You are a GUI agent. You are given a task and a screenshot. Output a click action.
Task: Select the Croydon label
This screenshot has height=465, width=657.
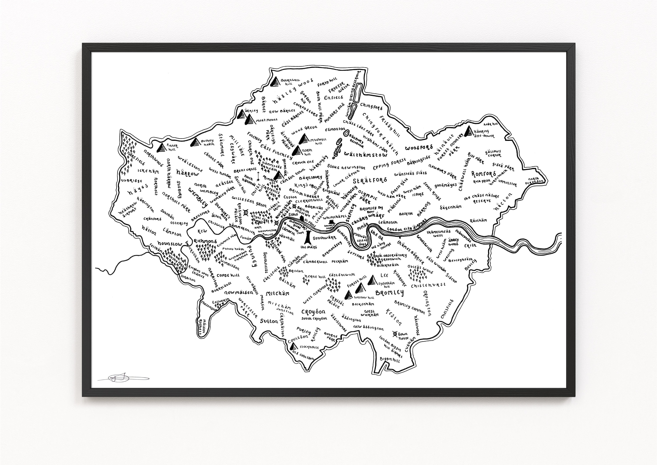click(313, 312)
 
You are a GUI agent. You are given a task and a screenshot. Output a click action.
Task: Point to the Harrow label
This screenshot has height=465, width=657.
click(187, 173)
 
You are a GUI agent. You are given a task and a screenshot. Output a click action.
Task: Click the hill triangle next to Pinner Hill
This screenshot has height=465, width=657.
click(162, 147)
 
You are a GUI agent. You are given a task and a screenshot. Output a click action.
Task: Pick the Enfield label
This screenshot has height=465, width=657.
click(333, 98)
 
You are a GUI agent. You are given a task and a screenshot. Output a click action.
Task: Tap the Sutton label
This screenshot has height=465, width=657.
click(269, 321)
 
